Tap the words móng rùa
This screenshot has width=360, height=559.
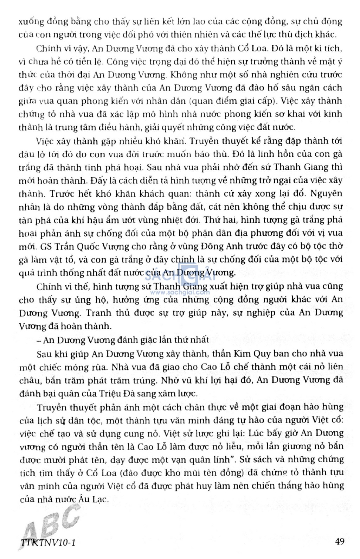tap(89, 367)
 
